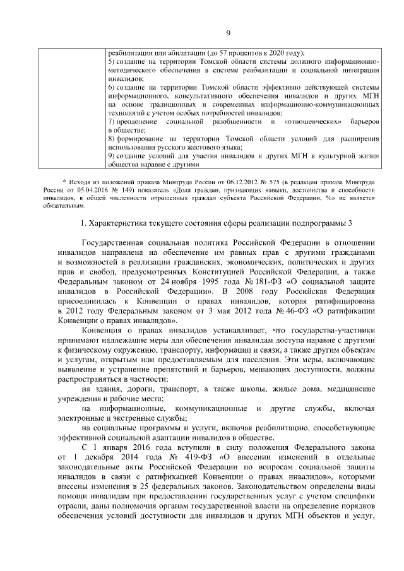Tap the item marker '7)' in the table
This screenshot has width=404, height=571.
tap(112, 120)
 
